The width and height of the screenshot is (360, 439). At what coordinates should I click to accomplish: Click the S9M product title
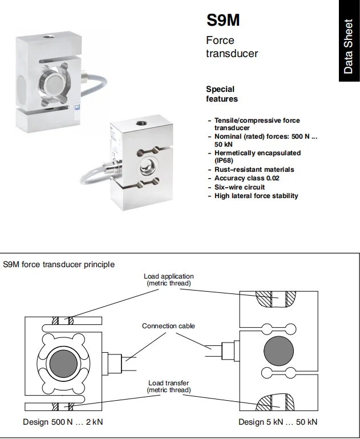(x=223, y=21)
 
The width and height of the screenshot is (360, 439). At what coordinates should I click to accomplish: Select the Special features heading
(x=222, y=94)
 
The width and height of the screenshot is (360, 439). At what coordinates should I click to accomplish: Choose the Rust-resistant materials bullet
(x=254, y=170)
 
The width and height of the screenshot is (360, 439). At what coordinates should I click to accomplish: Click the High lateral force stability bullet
(x=256, y=196)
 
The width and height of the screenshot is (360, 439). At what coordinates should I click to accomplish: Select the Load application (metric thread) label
(x=168, y=280)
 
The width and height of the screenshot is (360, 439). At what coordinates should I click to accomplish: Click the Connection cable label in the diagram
(x=168, y=326)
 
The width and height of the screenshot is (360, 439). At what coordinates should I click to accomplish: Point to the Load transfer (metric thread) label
(x=168, y=386)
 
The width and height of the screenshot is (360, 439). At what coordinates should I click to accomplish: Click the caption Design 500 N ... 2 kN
(x=63, y=422)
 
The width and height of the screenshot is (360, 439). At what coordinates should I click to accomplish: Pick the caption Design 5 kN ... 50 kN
(x=278, y=422)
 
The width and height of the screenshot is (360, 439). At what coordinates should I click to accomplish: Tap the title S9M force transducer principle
(x=59, y=264)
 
